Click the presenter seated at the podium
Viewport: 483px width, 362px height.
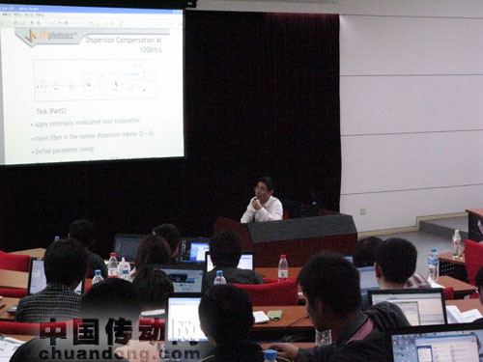coord(261,202)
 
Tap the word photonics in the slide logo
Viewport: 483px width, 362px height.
coord(60,36)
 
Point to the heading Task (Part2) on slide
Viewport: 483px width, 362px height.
coord(49,111)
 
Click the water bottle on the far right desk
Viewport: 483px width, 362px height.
coord(457,242)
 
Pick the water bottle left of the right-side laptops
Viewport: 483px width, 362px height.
coord(433,265)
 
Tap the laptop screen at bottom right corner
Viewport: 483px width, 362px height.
coord(435,346)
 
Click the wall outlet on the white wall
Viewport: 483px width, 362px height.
coord(363,209)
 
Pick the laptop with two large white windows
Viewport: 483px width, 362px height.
coord(407,308)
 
